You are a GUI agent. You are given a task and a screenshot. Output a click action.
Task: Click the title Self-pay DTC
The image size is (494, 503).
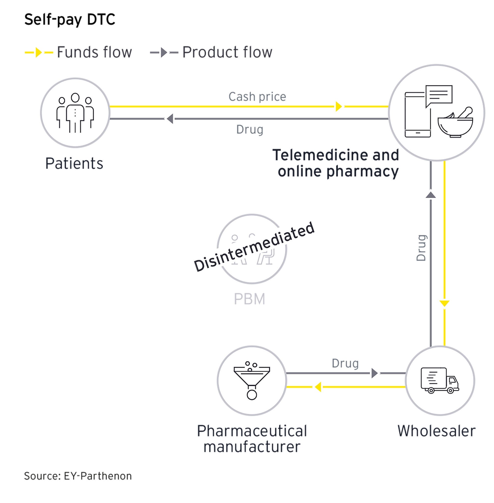click(70, 19)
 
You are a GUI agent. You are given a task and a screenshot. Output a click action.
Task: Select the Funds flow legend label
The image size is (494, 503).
click(94, 52)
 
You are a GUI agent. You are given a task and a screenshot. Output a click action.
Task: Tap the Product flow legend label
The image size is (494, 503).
click(227, 52)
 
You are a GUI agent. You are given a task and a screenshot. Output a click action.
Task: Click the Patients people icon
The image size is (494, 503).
click(75, 113)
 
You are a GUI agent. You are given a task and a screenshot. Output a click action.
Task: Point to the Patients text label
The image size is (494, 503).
click(74, 163)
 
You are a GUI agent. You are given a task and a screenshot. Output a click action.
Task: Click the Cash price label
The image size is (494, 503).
click(257, 97)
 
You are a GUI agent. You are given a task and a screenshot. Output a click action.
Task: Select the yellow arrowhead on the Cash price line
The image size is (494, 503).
click(339, 106)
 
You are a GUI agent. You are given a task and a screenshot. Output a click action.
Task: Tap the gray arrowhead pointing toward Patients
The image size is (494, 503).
click(170, 119)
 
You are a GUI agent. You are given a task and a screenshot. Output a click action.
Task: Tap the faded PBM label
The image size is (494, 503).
click(249, 299)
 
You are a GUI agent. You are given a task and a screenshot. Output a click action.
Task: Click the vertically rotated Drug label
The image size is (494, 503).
click(421, 248)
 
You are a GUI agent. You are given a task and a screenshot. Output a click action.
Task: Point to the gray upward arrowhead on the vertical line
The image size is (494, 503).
click(431, 195)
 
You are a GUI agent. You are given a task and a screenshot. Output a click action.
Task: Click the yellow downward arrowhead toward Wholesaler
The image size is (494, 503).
click(444, 303)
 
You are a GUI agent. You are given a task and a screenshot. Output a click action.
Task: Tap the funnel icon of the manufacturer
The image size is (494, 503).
click(252, 380)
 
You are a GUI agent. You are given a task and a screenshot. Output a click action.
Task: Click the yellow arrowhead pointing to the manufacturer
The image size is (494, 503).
click(318, 387)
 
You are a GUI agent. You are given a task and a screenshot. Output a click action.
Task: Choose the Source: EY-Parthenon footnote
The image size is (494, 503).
click(78, 476)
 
